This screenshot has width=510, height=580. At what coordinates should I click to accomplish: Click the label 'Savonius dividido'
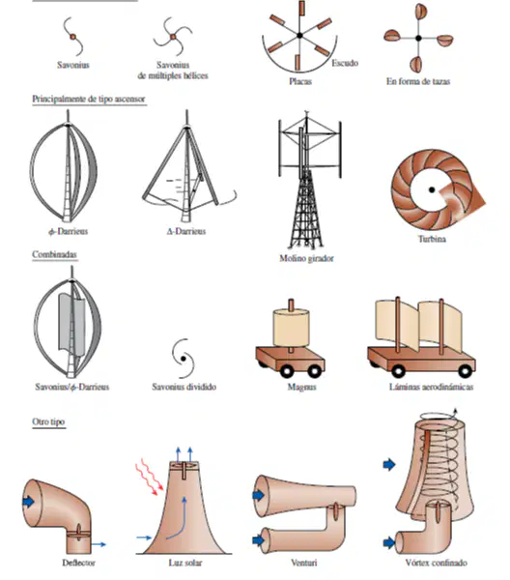tap(184, 387)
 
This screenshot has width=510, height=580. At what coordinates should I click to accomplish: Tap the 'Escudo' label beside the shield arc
tap(345, 63)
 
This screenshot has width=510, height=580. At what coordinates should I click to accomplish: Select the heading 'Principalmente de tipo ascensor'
tap(88, 100)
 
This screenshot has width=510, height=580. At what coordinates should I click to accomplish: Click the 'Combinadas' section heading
tap(54, 254)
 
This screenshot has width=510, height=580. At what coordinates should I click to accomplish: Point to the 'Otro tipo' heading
tap(48, 421)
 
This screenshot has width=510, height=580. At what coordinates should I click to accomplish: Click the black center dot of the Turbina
tap(432, 189)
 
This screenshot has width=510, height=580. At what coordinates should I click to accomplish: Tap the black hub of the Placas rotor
tap(299, 36)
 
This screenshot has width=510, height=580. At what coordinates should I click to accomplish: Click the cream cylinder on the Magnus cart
tap(291, 328)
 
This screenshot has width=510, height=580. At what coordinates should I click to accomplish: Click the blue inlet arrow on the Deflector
tap(28, 502)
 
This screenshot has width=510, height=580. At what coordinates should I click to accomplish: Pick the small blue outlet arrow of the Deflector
tap(99, 544)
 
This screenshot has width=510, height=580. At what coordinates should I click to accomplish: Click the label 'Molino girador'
tap(306, 258)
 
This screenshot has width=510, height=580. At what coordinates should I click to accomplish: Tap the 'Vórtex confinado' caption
tap(436, 563)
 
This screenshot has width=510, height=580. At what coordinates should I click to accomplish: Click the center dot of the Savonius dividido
tap(184, 359)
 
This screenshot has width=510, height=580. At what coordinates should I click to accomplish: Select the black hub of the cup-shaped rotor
tap(418, 38)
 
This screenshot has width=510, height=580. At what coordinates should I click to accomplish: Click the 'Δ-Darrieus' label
tap(186, 232)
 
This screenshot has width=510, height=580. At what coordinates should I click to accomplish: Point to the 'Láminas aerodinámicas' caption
tap(432, 387)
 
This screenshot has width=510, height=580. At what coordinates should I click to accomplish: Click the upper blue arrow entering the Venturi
tap(258, 495)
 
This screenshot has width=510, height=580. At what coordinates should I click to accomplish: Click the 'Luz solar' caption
tap(185, 563)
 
